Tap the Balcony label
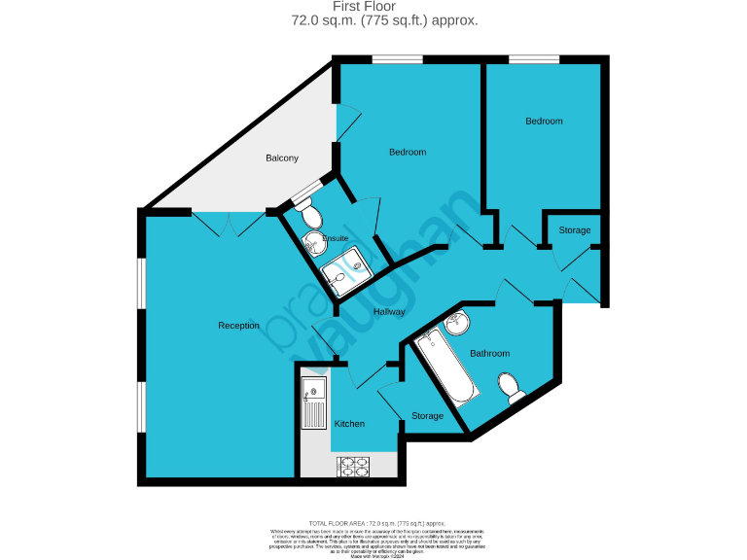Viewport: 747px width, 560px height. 282,158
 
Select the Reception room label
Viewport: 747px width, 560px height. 238,326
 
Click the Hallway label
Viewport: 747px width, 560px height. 389,312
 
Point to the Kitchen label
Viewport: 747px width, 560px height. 349,424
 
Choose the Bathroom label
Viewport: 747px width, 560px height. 489,354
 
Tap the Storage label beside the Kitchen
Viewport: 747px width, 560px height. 427,416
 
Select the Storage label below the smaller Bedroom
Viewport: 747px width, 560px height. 574,230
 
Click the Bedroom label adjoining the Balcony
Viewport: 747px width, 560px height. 408,152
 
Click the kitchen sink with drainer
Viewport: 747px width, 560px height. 314,403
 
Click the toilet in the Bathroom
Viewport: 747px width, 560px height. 511,386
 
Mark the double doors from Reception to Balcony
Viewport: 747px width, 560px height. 229,224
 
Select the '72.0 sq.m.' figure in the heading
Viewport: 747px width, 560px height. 321,19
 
